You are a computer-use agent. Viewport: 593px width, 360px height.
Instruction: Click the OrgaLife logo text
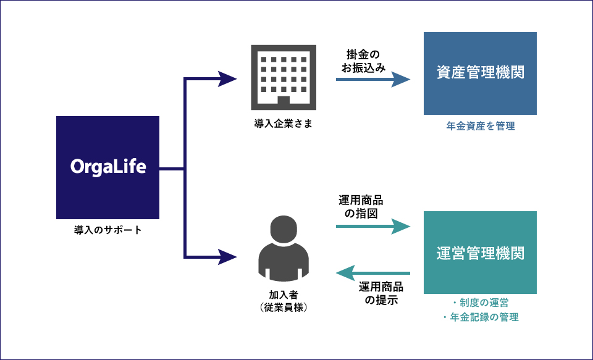click(x=108, y=167)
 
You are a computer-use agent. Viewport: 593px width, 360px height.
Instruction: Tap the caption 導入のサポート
click(x=108, y=230)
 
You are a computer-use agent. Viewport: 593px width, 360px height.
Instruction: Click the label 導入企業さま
click(x=284, y=123)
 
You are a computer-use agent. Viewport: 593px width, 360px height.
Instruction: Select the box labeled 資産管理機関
click(x=480, y=73)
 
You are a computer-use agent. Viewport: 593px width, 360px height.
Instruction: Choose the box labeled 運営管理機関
click(x=480, y=253)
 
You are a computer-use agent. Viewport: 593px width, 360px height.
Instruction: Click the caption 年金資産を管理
click(x=480, y=127)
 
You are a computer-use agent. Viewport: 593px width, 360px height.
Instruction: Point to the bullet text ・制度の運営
click(x=480, y=303)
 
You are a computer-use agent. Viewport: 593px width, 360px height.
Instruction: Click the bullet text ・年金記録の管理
click(x=480, y=317)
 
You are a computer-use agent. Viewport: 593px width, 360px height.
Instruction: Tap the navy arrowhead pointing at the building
click(x=228, y=78)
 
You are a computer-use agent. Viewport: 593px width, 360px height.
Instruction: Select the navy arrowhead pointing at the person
click(x=228, y=256)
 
